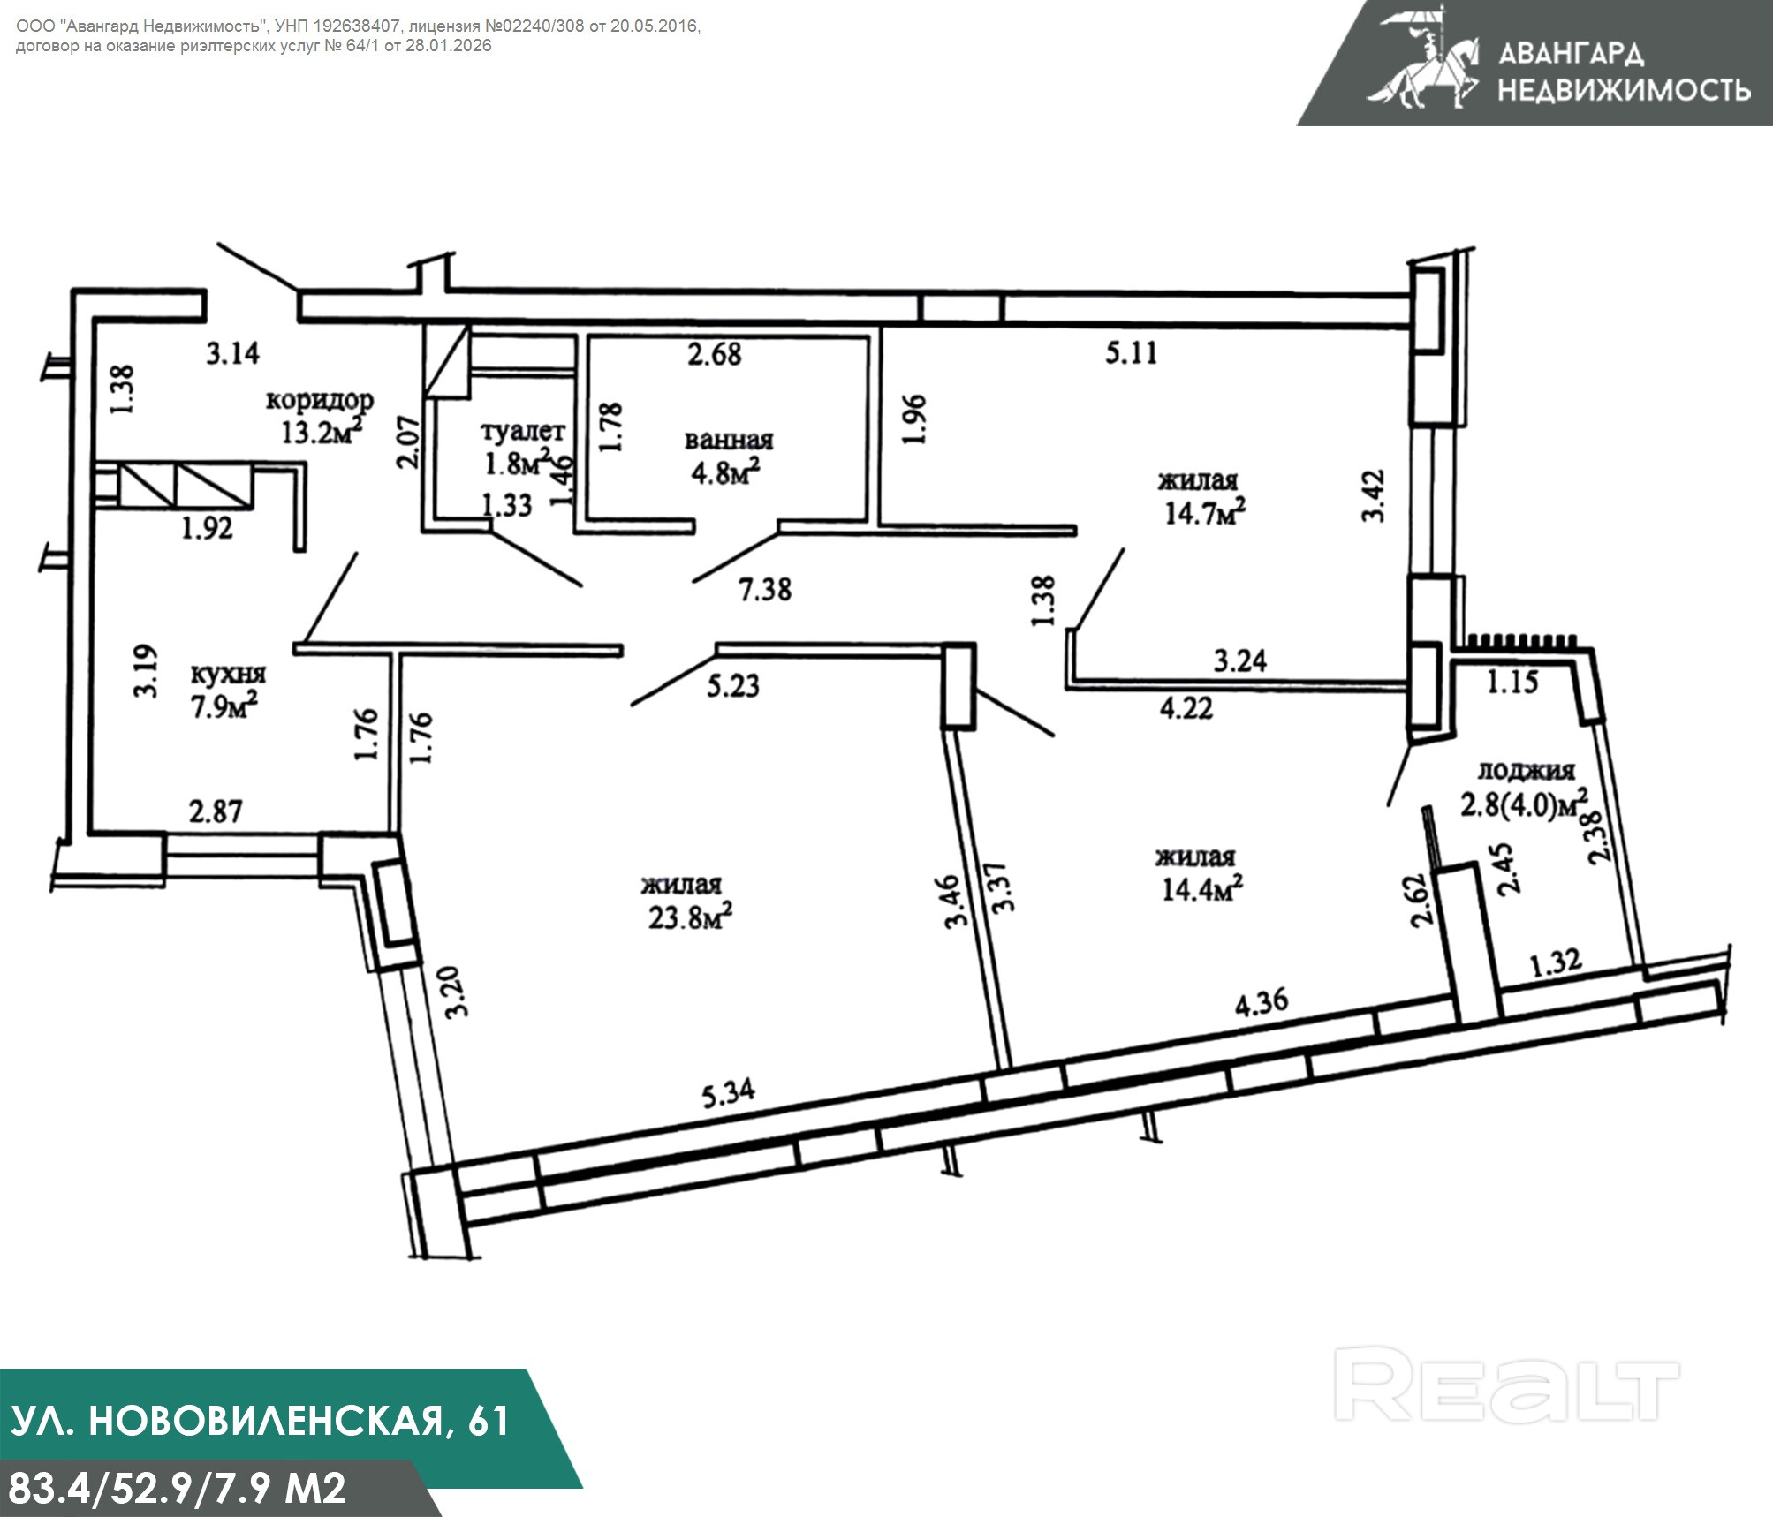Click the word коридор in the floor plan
(320, 400)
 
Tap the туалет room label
(523, 431)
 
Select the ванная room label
(729, 440)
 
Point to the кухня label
(228, 674)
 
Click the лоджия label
(1527, 771)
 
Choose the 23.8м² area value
(690, 916)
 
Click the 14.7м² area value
(1205, 511)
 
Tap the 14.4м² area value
(1202, 887)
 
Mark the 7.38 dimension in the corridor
(765, 589)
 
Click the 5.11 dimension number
(1132, 353)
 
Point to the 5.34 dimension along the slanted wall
(729, 1095)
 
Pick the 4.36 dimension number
(1262, 1003)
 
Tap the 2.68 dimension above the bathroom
(715, 354)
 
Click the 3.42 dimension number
(1374, 496)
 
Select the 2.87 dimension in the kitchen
(216, 811)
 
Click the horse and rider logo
(1423, 58)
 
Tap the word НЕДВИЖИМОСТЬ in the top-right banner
(1625, 89)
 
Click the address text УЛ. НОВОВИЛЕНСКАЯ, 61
(261, 1421)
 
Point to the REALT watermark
(1506, 1396)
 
